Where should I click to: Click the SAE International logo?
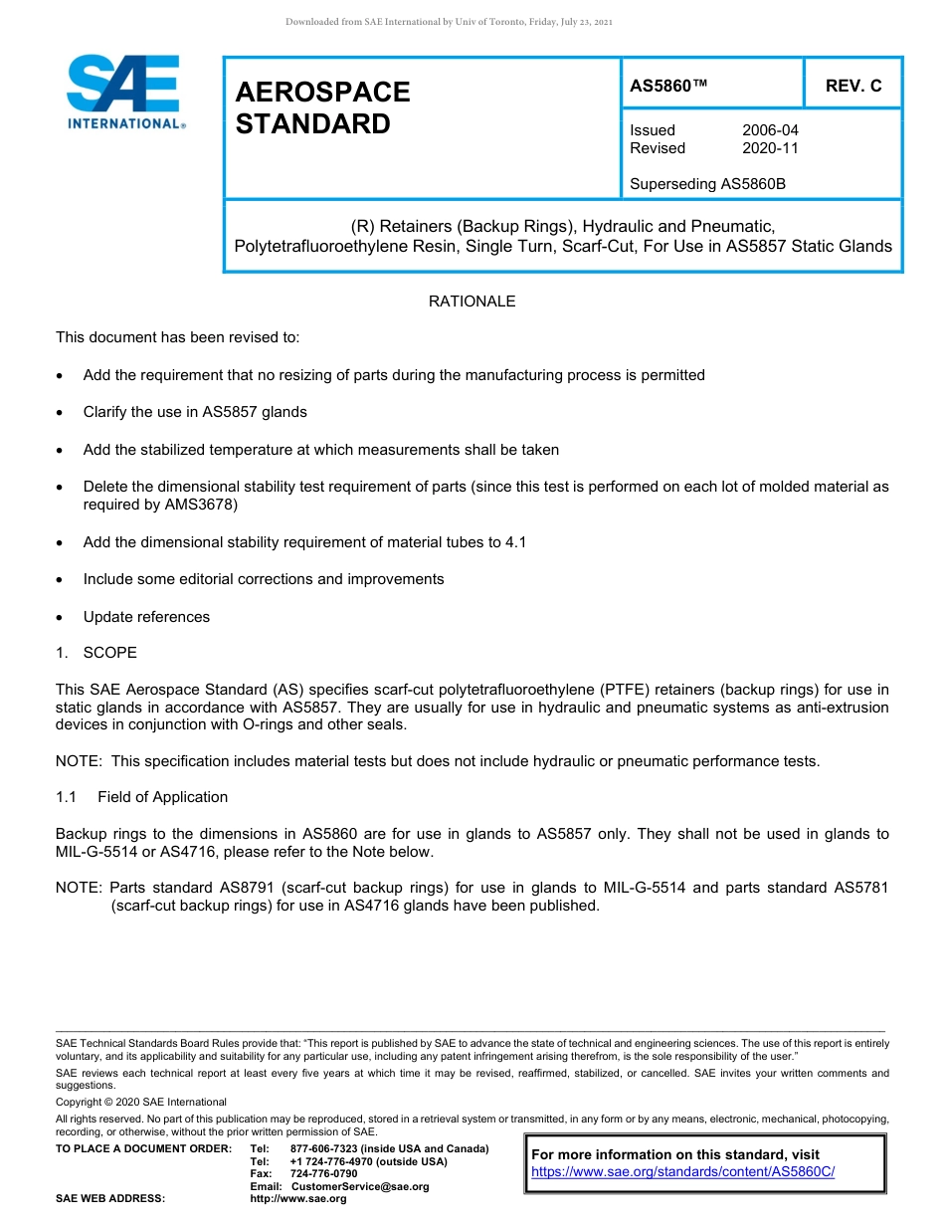pyautogui.click(x=123, y=92)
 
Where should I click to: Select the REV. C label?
pyautogui.click(x=852, y=86)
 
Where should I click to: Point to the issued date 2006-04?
pyautogui.click(x=769, y=130)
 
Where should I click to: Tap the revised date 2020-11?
pyautogui.click(x=769, y=148)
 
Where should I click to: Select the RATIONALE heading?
pyautogui.click(x=472, y=301)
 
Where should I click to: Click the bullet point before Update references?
pyautogui.click(x=63, y=617)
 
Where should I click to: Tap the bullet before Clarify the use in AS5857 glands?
pyautogui.click(x=63, y=412)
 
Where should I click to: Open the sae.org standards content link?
pyautogui.click(x=682, y=1172)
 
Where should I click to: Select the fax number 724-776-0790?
pyautogui.click(x=323, y=1174)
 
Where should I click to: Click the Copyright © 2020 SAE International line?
pyautogui.click(x=141, y=1102)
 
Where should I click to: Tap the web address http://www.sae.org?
pyautogui.click(x=298, y=1199)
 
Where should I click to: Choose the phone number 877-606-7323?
pyautogui.click(x=325, y=1148)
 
